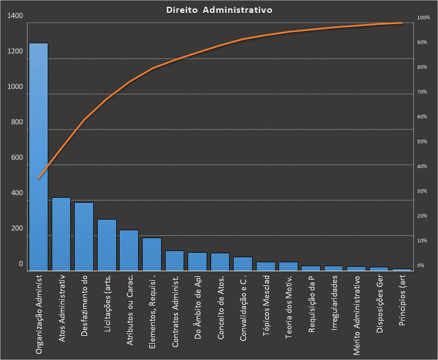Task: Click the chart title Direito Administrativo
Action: point(220,10)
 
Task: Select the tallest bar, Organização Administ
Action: point(38,157)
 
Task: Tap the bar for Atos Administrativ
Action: point(61,234)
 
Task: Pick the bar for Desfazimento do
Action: point(84,236)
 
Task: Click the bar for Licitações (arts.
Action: point(107,245)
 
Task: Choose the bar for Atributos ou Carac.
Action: point(129,250)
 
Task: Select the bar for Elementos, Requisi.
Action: point(152,254)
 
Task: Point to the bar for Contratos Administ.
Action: point(175,261)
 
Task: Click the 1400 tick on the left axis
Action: point(16,16)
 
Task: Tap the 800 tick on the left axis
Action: point(17,122)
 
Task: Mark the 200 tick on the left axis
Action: point(17,229)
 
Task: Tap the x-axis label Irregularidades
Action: point(334,303)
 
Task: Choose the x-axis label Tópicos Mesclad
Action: point(266,306)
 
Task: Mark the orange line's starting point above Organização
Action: point(38,178)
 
